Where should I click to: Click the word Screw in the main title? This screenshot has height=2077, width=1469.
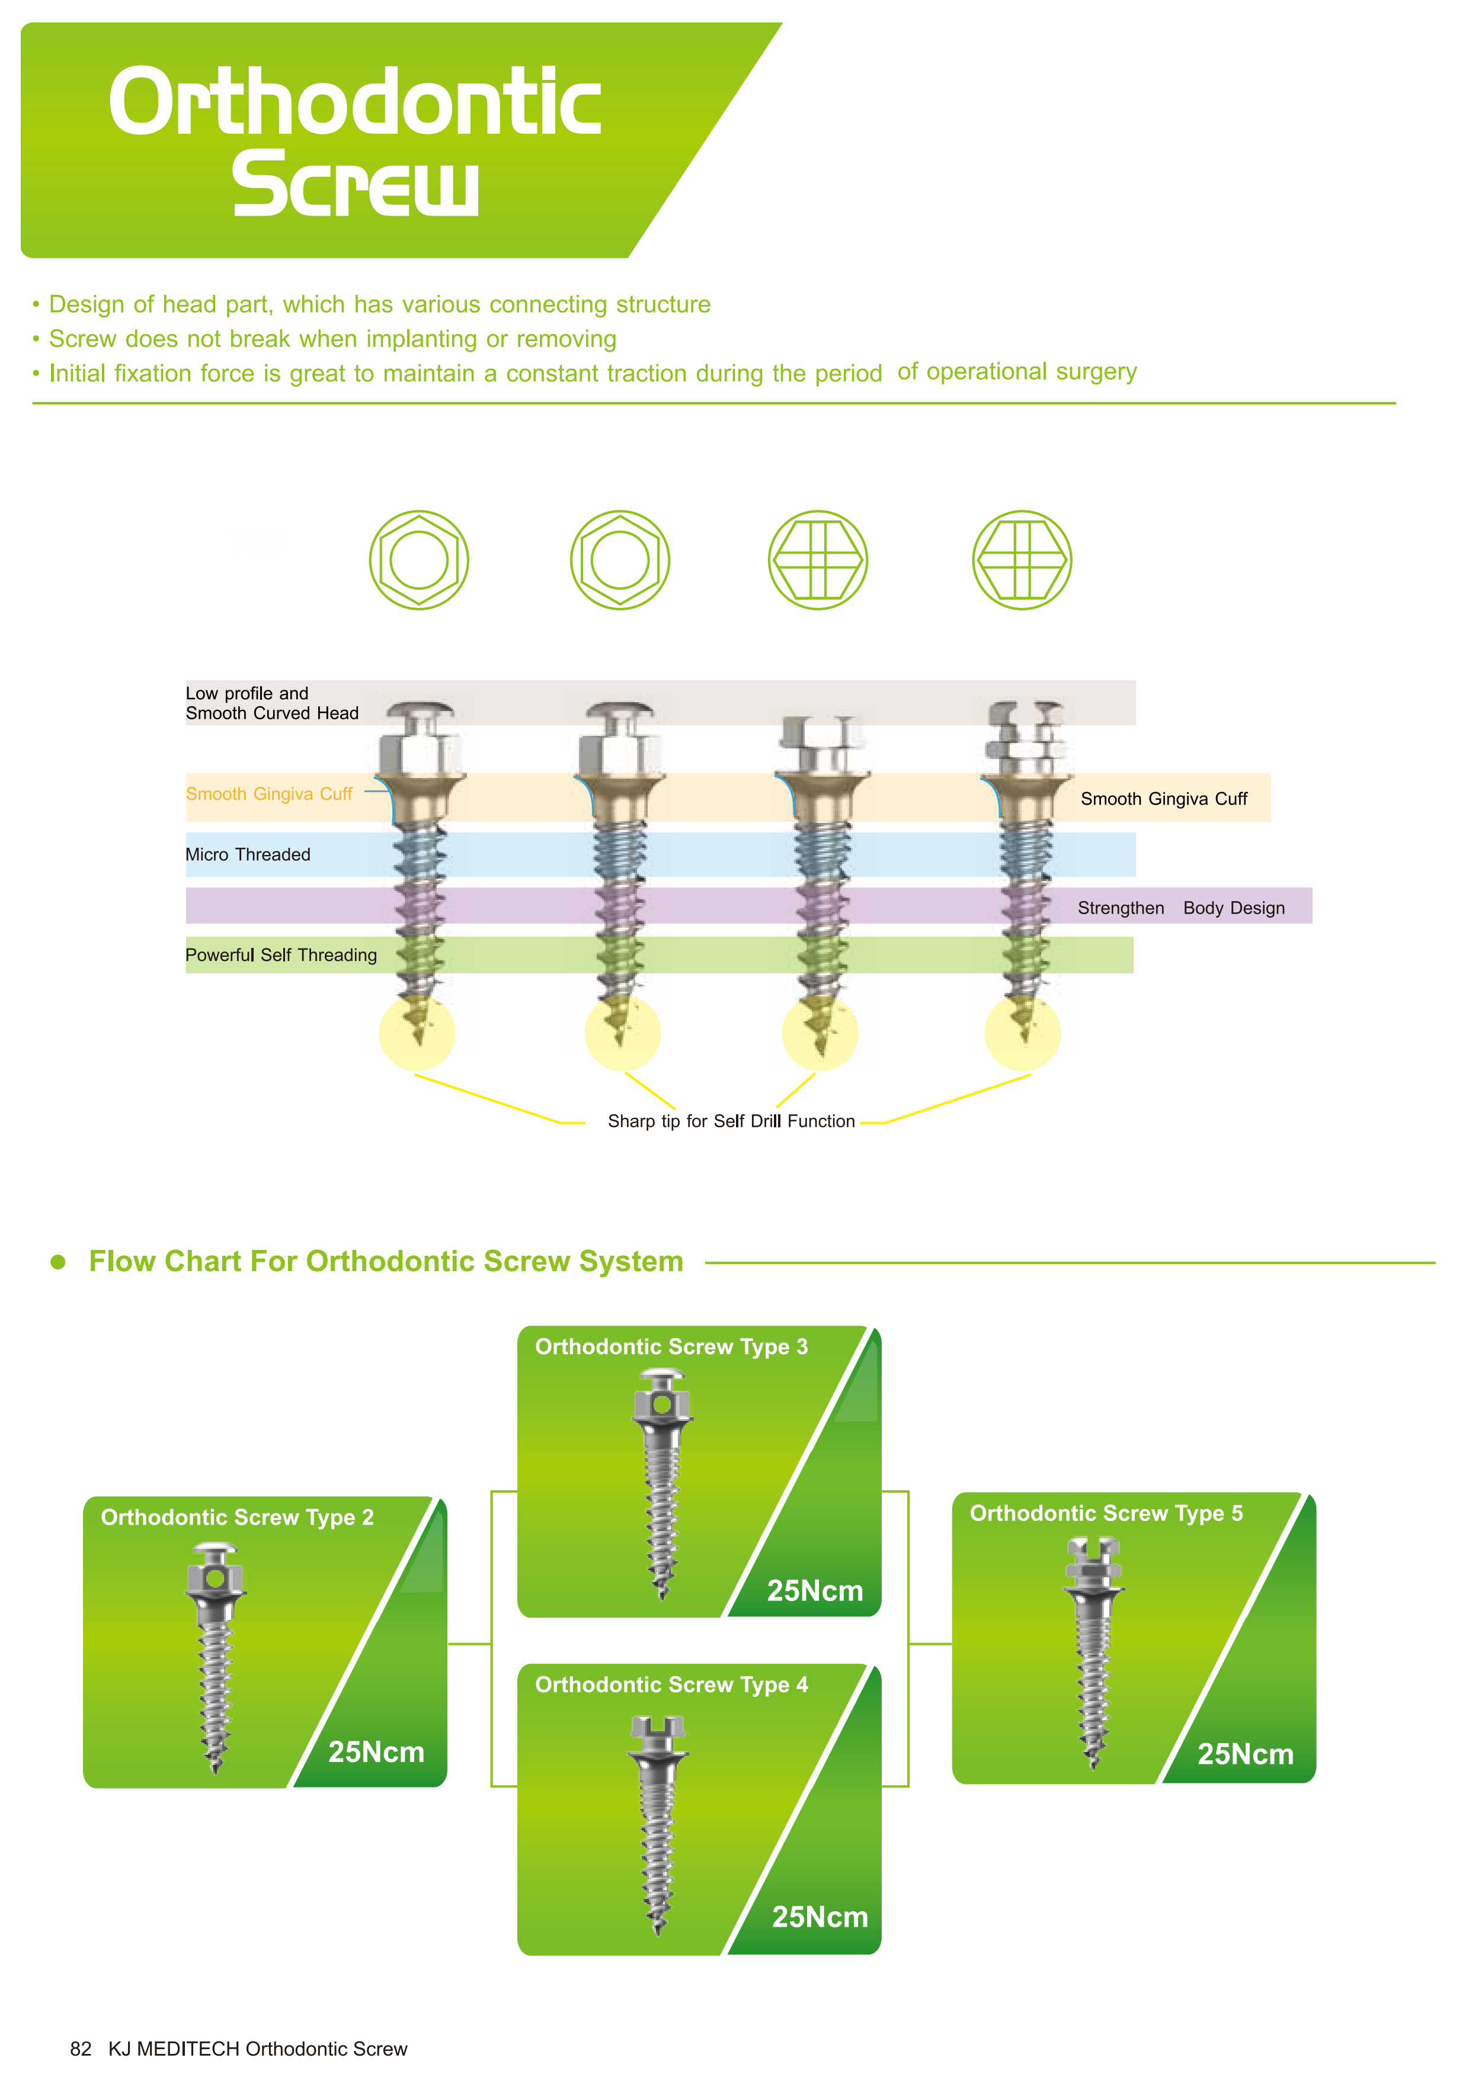(x=355, y=185)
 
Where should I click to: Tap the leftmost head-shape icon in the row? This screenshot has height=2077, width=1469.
(x=418, y=560)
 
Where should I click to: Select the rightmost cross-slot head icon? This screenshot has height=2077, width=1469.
(x=1022, y=560)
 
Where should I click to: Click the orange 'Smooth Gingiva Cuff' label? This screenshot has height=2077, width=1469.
(x=269, y=793)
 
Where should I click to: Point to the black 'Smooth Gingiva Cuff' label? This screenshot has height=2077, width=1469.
(x=1163, y=799)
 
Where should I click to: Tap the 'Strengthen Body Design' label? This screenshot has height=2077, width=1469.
(x=1180, y=908)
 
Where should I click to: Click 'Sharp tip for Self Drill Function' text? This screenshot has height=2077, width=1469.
(x=731, y=1122)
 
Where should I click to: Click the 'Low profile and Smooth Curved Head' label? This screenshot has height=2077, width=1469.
(x=271, y=703)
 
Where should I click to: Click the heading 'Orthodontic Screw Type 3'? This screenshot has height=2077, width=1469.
(x=671, y=1347)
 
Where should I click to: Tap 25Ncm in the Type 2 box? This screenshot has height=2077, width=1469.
(x=376, y=1752)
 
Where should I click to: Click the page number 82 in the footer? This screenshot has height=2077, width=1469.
(x=81, y=2049)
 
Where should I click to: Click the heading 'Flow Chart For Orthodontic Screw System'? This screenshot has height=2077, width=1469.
(x=386, y=1261)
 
